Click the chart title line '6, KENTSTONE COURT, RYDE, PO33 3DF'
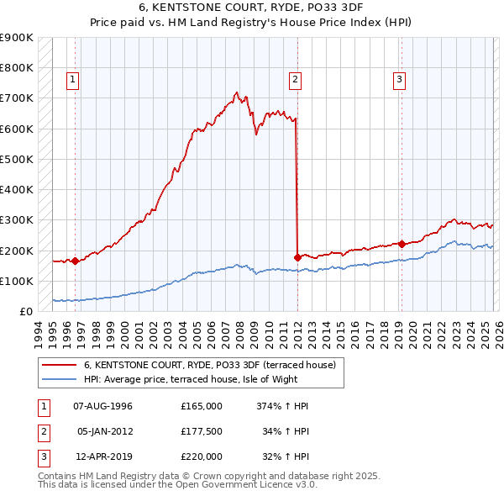click(252, 7)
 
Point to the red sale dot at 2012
click(297, 257)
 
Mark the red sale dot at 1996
click(75, 261)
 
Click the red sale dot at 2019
click(402, 244)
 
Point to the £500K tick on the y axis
click(17, 159)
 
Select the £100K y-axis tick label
click(17, 281)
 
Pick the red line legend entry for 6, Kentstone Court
click(210, 365)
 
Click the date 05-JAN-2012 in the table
click(105, 431)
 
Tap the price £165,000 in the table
click(202, 406)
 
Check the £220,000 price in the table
click(202, 456)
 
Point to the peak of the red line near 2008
click(237, 92)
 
